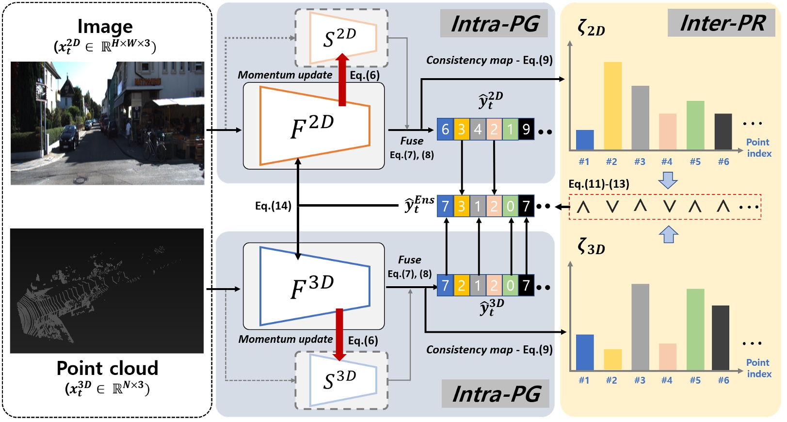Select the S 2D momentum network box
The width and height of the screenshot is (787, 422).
pos(342,38)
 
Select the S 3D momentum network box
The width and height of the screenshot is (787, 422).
pos(342,380)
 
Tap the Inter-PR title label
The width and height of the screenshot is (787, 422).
pos(722,23)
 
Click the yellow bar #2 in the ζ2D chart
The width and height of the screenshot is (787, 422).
pos(612,106)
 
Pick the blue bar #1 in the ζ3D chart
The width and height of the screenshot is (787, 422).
pos(584,352)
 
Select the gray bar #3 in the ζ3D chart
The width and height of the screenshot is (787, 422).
pos(640,327)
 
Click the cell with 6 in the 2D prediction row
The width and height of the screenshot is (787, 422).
pos(445,130)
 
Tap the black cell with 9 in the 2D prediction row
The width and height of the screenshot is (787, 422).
pos(526,130)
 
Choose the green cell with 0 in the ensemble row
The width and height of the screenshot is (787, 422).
pos(510,207)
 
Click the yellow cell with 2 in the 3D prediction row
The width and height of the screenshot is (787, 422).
pos(461,286)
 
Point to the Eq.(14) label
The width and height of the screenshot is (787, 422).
pos(273,206)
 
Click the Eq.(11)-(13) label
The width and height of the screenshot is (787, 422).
pos(599,184)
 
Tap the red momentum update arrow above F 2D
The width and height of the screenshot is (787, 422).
pos(342,80)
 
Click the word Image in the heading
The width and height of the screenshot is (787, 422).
pos(105,27)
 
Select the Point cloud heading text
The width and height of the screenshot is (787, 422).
pos(107,369)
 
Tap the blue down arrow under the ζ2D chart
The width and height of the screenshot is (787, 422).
pos(668,180)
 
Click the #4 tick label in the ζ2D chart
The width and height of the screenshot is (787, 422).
pos(667,162)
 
